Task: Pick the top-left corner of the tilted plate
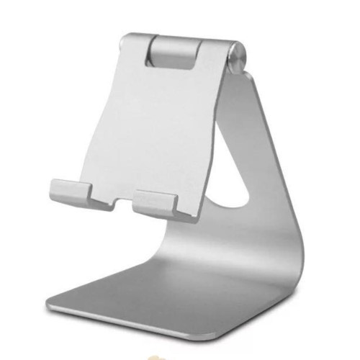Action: [120, 36]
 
